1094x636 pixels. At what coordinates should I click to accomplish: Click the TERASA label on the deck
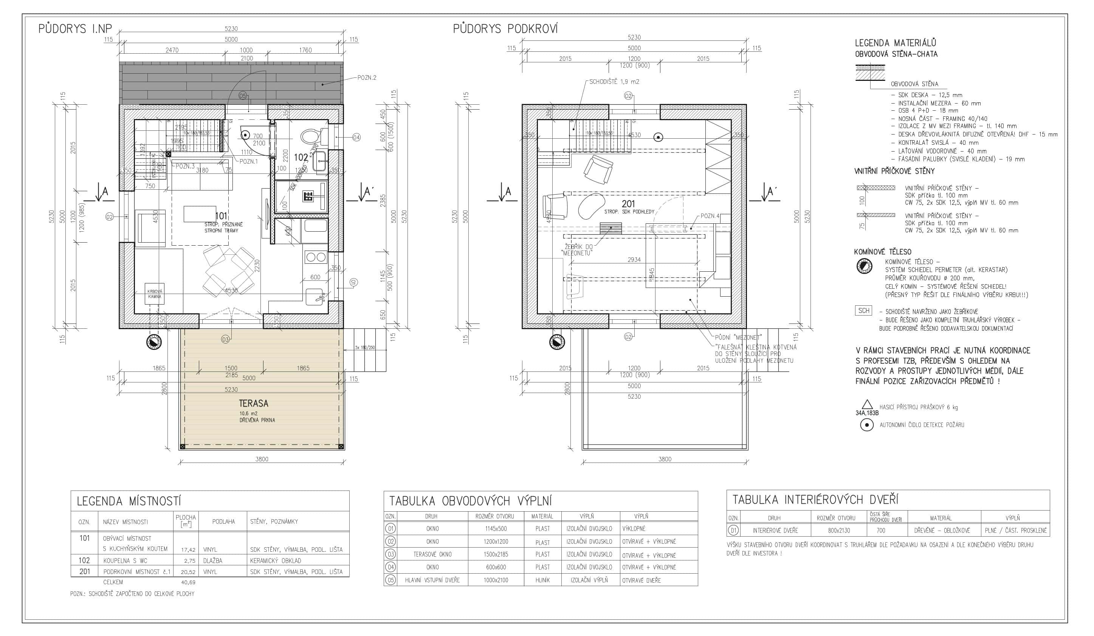254,404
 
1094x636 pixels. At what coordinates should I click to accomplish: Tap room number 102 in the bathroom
301,157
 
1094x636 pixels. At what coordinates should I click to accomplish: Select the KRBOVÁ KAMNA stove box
155,294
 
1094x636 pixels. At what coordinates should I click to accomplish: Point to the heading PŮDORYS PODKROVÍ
505,29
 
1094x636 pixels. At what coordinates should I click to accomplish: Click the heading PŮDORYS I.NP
75,29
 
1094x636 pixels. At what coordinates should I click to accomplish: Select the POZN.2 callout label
366,77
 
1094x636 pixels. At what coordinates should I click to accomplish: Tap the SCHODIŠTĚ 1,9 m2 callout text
614,82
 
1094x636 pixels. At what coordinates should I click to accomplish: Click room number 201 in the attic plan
628,203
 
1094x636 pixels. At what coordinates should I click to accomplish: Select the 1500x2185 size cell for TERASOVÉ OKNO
496,554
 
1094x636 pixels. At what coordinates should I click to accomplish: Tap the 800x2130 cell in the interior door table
836,530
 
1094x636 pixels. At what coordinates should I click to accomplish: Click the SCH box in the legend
863,311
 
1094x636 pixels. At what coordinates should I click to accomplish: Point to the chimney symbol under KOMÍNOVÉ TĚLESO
864,266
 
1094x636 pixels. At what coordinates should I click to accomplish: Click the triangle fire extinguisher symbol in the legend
866,404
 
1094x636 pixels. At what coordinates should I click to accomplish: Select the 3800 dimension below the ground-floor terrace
262,459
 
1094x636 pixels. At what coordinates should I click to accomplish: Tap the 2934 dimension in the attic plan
634,260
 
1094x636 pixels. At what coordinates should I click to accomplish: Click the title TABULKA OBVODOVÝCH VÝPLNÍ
470,501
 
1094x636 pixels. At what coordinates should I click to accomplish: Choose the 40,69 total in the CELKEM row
188,582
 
